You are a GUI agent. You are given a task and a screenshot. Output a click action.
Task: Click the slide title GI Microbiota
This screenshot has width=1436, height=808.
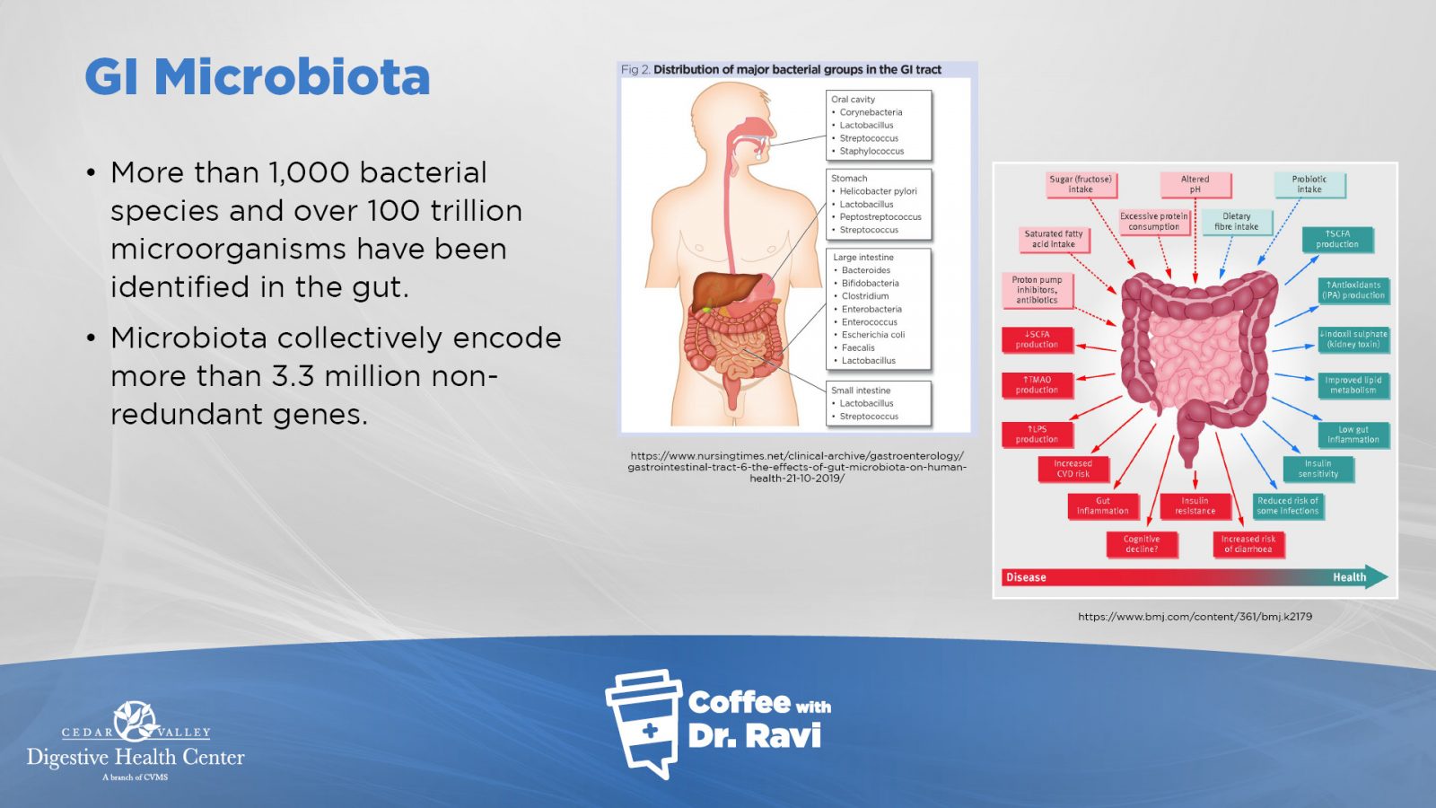pos(257,77)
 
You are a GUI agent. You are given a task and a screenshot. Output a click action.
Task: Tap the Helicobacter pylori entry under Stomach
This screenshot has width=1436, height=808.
pos(879,191)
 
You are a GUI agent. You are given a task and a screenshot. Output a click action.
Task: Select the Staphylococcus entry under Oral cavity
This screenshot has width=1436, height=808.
pos(871,152)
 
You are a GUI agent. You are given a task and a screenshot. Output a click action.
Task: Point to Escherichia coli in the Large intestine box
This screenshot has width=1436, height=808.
pos(873,335)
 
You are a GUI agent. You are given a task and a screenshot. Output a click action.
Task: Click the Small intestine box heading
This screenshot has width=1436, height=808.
pos(861,391)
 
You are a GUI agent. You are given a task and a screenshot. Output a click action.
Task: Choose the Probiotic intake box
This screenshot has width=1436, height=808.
pos(1309,185)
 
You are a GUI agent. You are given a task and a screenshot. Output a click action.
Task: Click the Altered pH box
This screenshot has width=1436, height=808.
pos(1195,185)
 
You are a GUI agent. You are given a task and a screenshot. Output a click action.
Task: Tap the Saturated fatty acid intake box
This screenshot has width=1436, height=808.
pos(1054,239)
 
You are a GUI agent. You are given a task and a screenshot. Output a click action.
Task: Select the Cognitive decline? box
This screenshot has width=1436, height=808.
pos(1141,544)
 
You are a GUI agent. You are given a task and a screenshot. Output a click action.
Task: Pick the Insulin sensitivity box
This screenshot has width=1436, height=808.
pos(1318,469)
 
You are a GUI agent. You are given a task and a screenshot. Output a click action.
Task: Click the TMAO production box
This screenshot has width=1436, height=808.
pos(1037,385)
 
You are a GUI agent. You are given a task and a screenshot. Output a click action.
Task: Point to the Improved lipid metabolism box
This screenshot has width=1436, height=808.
pos(1353,385)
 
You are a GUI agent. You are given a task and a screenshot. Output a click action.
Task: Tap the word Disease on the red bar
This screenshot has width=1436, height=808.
pos(1026,577)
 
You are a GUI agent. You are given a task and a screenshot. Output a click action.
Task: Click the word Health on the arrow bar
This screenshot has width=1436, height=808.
pos(1350,577)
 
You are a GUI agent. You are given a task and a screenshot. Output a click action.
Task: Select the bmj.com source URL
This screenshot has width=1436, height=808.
pos(1195,617)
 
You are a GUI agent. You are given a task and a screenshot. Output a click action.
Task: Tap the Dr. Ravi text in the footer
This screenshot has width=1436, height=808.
pos(754,735)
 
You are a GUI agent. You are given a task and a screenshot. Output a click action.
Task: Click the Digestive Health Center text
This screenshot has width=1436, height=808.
pos(136,758)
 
